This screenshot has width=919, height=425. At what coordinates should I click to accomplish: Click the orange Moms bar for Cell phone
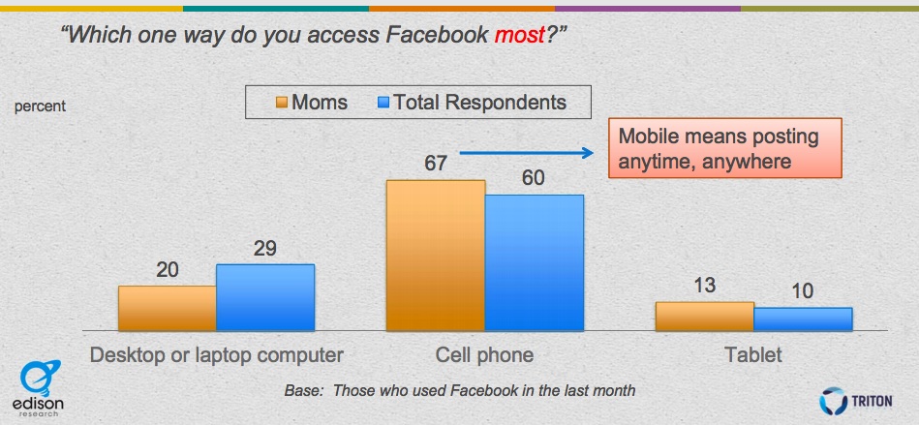[436, 256]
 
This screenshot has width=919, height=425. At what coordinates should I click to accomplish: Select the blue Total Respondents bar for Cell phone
[534, 262]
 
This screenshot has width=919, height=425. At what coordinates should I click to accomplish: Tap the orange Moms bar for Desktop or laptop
[167, 309]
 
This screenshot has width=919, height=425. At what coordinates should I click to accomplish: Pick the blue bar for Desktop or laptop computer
[265, 298]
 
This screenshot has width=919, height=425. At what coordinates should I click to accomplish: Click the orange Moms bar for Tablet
[704, 317]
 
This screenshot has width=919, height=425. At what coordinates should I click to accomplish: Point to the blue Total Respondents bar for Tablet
[803, 319]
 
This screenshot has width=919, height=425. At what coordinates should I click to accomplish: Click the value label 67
[436, 164]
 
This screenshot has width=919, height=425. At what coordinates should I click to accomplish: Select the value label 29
[265, 249]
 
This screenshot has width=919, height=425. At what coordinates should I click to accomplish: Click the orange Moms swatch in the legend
[282, 104]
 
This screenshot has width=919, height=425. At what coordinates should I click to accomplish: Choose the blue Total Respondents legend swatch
[383, 104]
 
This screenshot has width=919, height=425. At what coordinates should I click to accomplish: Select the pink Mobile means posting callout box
[725, 148]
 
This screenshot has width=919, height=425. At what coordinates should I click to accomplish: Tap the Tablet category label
[753, 355]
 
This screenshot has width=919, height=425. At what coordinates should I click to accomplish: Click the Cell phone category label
[485, 355]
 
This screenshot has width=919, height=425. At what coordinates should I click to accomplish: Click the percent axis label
[40, 107]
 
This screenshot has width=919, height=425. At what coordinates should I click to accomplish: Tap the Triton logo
[856, 402]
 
